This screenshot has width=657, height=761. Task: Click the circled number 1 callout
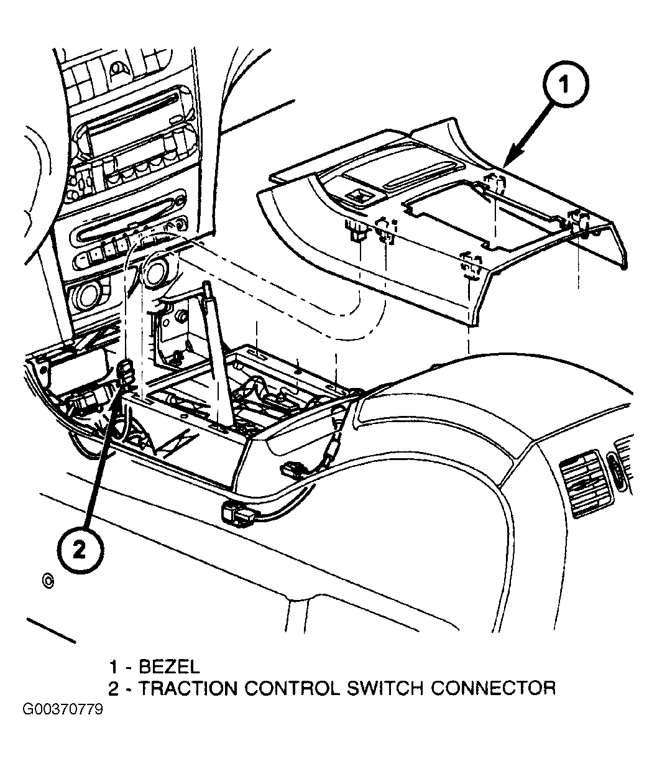(x=566, y=85)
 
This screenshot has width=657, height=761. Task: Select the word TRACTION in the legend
(x=188, y=688)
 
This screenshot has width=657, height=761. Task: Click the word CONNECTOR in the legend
(x=493, y=688)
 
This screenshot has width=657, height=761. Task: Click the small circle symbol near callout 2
(x=48, y=581)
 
